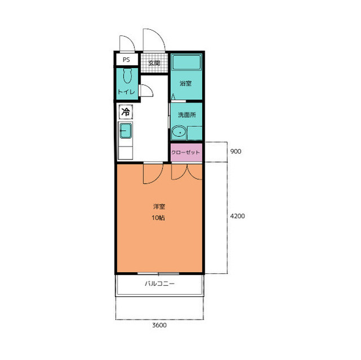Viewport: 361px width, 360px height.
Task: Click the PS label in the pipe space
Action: (126, 60)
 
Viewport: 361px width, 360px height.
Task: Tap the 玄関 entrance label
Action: (154, 63)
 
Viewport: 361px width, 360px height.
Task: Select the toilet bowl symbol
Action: (127, 75)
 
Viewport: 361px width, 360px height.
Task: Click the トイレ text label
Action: (126, 92)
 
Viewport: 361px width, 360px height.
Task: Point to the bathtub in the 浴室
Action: (187, 62)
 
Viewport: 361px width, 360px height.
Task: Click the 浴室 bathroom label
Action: (186, 83)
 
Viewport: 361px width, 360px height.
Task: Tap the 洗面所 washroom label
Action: (187, 115)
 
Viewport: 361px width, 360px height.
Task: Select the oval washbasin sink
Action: (179, 132)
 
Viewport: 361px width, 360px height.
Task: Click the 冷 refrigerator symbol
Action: (126, 112)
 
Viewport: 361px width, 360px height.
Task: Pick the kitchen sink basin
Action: (126, 131)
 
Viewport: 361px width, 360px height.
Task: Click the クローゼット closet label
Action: (186, 152)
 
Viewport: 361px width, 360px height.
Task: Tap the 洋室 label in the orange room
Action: (159, 206)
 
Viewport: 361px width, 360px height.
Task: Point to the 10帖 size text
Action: (158, 217)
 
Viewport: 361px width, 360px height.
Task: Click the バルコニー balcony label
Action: (160, 283)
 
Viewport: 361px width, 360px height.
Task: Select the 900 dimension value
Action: (236, 152)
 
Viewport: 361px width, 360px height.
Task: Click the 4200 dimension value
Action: (237, 216)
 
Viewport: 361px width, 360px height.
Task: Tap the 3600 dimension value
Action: (159, 325)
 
